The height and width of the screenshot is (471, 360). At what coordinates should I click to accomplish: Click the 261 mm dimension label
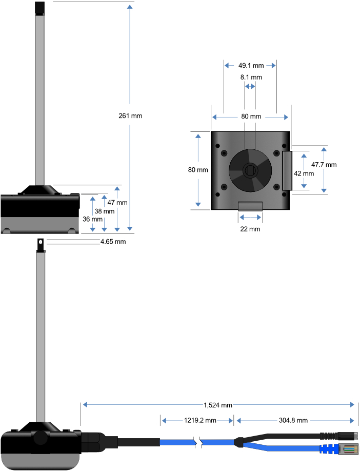pyautogui.click(x=130, y=115)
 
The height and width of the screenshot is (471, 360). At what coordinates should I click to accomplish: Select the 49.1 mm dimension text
pyautogui.click(x=251, y=66)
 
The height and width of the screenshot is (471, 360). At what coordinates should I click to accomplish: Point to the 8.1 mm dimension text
pyautogui.click(x=251, y=77)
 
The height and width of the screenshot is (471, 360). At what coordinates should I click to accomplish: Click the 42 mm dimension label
pyautogui.click(x=304, y=173)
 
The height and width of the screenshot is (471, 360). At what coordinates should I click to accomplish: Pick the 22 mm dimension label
pyautogui.click(x=250, y=229)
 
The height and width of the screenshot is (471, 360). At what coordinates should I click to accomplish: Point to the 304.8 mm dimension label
pyautogui.click(x=293, y=421)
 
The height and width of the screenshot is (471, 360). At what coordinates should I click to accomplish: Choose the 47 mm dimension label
pyautogui.click(x=117, y=202)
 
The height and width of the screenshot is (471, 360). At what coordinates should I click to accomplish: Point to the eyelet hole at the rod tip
pyautogui.click(x=39, y=242)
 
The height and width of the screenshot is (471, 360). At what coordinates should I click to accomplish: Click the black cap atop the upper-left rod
pyautogui.click(x=39, y=8)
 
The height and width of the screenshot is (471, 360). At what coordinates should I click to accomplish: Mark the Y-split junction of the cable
pyautogui.click(x=239, y=441)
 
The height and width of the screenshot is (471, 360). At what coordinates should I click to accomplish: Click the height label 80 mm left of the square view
pyautogui.click(x=198, y=170)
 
